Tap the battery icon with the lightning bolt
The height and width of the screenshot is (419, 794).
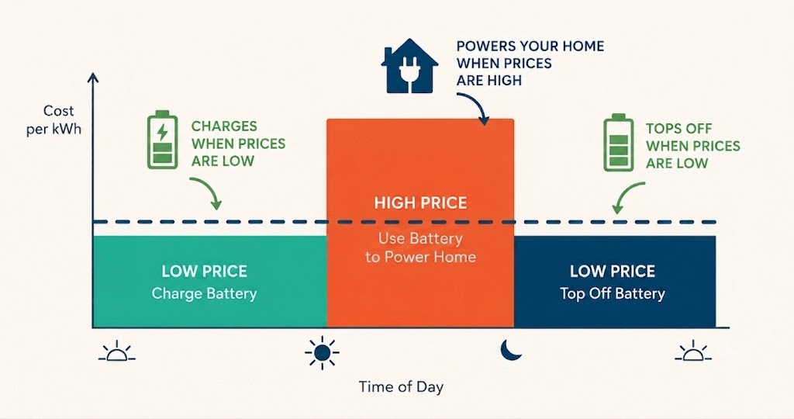click(x=162, y=140)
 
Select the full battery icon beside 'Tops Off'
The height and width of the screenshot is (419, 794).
click(x=618, y=143)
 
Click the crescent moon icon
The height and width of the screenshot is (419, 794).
click(x=511, y=350)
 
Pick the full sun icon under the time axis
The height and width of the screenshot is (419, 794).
click(x=322, y=351)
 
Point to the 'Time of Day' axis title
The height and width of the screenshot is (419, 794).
click(x=401, y=387)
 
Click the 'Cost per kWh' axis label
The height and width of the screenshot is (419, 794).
click(x=54, y=119)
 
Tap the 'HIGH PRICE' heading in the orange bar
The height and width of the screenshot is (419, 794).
click(x=420, y=203)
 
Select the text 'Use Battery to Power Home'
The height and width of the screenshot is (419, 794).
click(x=420, y=248)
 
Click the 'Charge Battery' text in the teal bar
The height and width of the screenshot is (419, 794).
click(x=204, y=293)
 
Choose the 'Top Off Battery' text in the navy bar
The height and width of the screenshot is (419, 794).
click(x=613, y=293)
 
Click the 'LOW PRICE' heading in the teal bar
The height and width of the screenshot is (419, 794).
click(x=204, y=271)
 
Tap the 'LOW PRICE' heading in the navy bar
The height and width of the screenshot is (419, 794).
click(x=613, y=271)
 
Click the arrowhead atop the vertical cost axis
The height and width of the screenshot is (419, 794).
click(x=93, y=78)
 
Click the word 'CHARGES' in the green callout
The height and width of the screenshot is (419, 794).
click(x=224, y=126)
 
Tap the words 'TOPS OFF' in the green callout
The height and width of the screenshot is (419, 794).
click(x=678, y=129)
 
